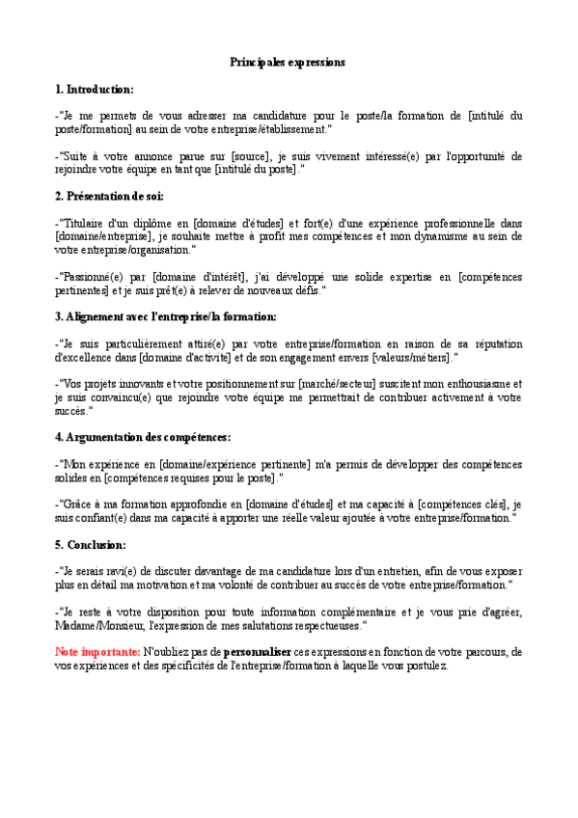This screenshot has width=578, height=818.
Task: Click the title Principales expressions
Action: coord(288,62)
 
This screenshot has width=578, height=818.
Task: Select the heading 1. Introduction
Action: coord(95,90)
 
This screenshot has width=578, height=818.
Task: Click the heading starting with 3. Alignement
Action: coord(166,316)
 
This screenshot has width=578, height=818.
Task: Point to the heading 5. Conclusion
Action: coord(91,545)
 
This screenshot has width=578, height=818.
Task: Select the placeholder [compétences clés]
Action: coord(460,504)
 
